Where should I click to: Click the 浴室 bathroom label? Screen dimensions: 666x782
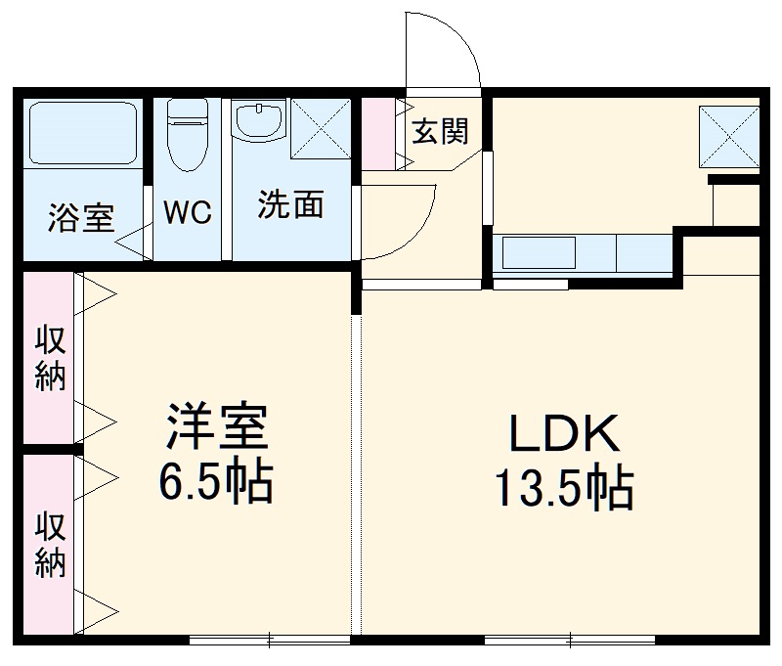(81, 217)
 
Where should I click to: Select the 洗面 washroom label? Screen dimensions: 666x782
(290, 205)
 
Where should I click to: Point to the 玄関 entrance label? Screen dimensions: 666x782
(439, 131)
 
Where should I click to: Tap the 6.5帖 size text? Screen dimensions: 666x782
(216, 481)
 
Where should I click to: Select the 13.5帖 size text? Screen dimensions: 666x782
(562, 488)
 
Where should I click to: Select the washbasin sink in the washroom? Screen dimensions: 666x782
(259, 122)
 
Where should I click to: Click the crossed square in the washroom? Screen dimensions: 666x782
(321, 129)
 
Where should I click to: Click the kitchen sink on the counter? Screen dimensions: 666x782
(539, 253)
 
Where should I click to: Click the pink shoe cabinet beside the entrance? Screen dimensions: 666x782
(377, 135)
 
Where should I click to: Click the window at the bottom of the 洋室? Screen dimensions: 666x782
(269, 641)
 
